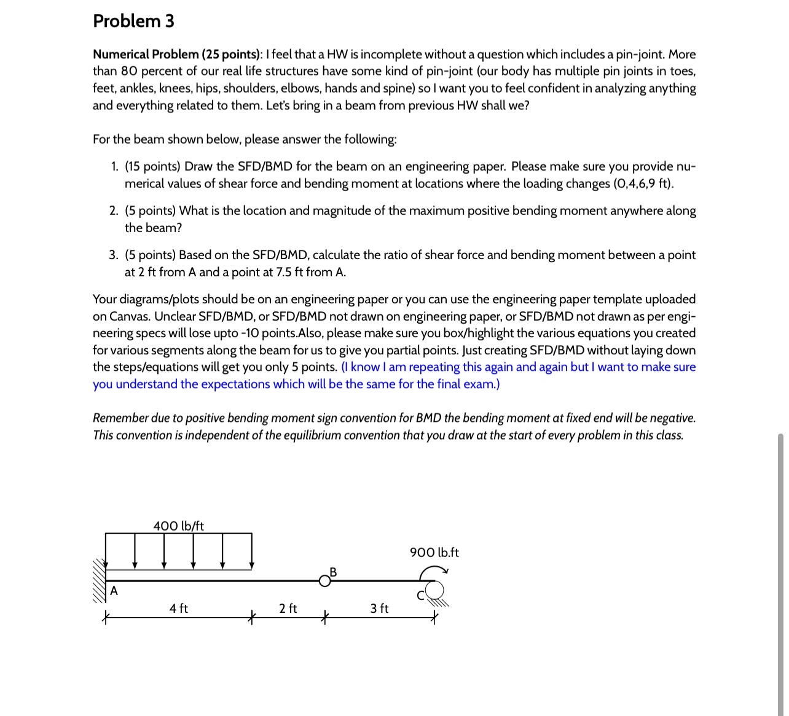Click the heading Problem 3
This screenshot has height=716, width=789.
133,21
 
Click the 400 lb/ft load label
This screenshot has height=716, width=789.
178,526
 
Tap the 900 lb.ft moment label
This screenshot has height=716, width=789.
434,552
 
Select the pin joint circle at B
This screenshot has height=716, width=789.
324,581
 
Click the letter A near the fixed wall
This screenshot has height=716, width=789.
114,591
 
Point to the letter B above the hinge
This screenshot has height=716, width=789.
333,572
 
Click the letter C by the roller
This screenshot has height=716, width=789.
420,595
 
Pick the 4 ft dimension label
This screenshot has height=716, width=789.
179,608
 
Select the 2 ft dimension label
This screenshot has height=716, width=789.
288,608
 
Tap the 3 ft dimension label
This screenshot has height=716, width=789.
379,608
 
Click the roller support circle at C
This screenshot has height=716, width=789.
434,590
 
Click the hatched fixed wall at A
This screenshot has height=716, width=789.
99,580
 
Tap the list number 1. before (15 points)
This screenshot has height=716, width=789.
114,166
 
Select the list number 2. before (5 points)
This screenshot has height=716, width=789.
114,211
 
